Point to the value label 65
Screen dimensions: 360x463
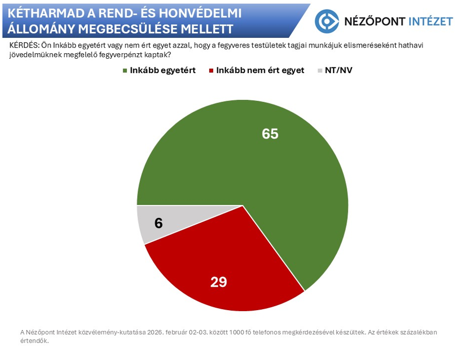coord(270,134)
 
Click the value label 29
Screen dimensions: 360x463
coord(218,282)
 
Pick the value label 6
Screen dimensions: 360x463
coord(158,223)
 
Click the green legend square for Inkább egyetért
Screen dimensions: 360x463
coord(125,70)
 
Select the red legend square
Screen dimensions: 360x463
coord(211,70)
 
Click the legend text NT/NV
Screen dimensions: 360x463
coord(339,70)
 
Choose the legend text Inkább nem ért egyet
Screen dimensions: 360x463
coord(260,70)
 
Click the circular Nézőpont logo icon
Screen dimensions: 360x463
coord(326,21)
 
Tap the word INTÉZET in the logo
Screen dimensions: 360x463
coord(431,21)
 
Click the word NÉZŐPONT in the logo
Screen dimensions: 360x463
coord(374,21)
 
